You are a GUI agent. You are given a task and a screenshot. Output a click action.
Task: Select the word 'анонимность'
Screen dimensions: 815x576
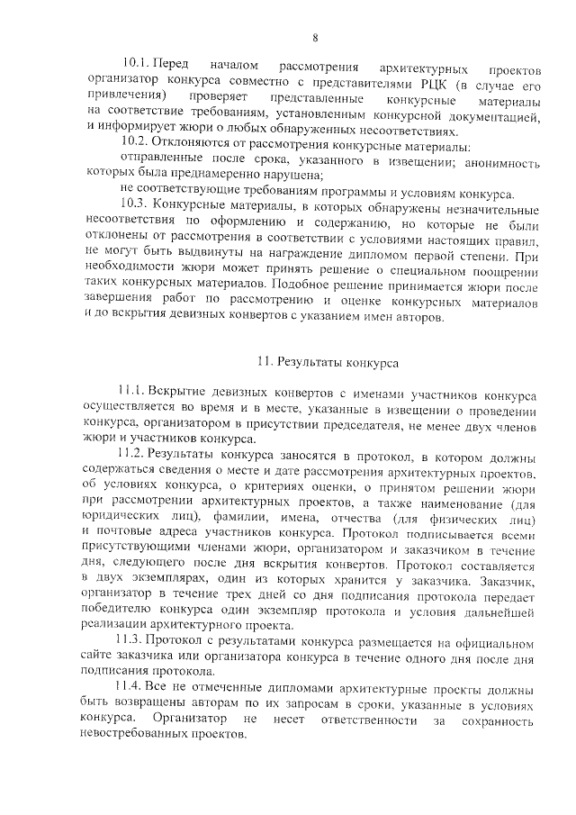pos(503,160)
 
